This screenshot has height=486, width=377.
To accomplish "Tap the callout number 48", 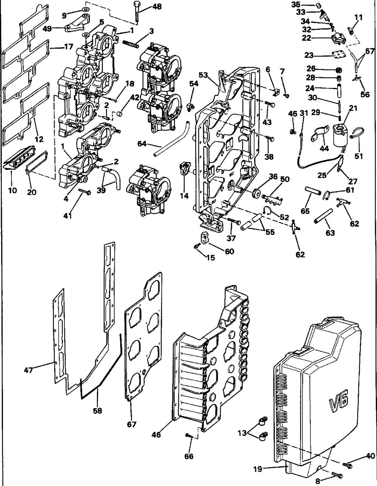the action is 157,7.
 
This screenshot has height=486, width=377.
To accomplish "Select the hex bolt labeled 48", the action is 136,12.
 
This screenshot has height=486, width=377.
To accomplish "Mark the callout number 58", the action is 98,410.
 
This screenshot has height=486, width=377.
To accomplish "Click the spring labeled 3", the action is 131,43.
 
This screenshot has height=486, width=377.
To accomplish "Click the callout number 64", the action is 142,143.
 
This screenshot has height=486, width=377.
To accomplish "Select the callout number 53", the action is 203,75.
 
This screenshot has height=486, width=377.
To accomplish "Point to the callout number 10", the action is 13,190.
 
